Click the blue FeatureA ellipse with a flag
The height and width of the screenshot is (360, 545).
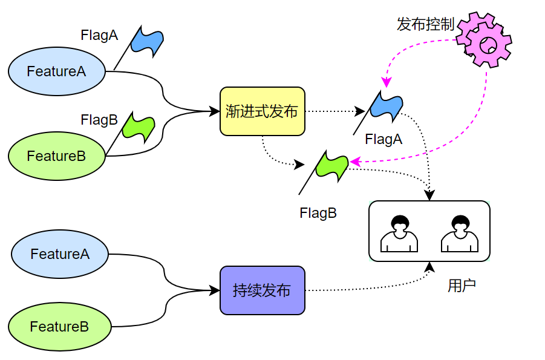click(x=57, y=71)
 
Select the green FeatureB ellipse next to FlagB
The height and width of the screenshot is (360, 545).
click(x=57, y=156)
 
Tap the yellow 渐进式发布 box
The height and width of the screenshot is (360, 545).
click(x=262, y=111)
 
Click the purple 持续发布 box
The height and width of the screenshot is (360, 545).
click(x=262, y=290)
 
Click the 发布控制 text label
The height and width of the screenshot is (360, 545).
click(x=425, y=25)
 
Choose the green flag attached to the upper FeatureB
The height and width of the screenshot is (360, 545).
click(x=137, y=126)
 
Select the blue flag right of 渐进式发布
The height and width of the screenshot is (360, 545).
click(x=385, y=107)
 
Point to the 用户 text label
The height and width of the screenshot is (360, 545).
click(x=462, y=286)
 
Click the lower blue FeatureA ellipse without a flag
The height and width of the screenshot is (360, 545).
click(x=60, y=254)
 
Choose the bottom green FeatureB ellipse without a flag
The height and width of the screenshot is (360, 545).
click(x=60, y=327)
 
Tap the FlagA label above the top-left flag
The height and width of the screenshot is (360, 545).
click(x=99, y=36)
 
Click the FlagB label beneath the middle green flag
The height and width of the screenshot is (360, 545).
click(x=318, y=213)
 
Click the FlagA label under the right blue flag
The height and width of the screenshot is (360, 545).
click(x=383, y=140)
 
